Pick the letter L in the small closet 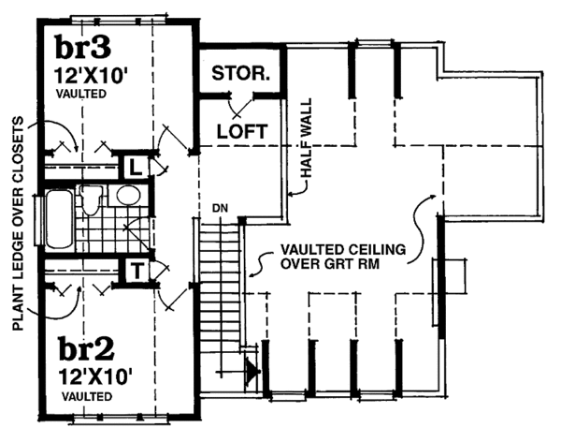[137, 169]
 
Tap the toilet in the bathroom [92, 199]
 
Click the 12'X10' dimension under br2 [93, 377]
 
